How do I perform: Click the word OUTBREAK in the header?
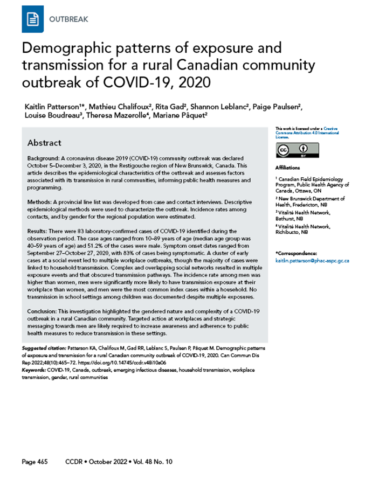(x=69, y=20)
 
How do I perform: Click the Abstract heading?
(x=44, y=143)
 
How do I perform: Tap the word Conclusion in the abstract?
(x=44, y=312)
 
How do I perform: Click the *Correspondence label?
(x=296, y=253)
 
